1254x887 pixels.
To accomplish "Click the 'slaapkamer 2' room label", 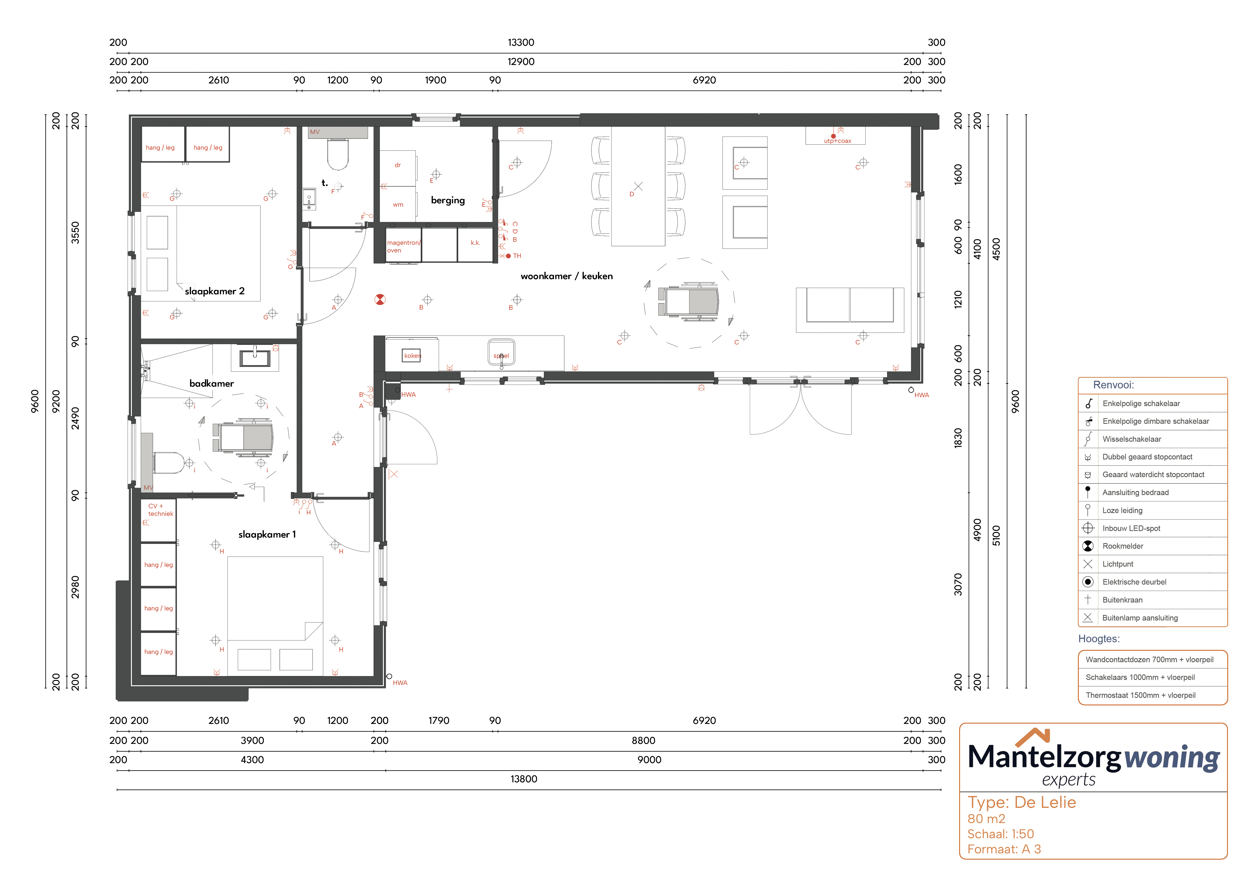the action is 215,291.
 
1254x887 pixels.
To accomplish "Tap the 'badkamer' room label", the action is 211,384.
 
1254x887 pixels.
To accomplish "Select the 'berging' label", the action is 448,201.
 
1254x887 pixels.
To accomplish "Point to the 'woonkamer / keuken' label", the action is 566,276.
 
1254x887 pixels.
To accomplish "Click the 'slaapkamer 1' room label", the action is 267,535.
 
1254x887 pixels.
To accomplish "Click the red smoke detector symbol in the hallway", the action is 380,299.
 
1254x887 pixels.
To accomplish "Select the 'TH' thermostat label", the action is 517,256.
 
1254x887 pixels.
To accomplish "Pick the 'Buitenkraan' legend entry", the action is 1122,600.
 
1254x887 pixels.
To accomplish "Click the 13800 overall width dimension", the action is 524,779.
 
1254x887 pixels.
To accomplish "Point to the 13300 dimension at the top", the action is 521,43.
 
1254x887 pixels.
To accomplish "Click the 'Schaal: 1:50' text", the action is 1001,834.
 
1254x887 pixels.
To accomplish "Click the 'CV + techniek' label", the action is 160,510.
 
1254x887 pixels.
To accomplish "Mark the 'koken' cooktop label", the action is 412,356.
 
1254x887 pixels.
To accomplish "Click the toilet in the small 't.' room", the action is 338,155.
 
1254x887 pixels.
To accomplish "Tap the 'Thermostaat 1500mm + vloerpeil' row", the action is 1140,695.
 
